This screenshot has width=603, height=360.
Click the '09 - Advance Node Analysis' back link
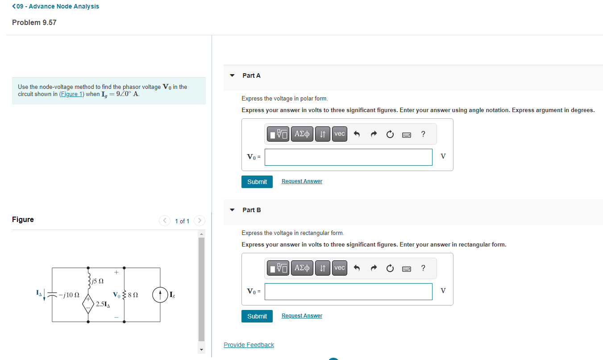(x=56, y=6)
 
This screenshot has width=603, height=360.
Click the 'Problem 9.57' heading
(x=34, y=22)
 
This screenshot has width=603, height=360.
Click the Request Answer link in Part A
(x=302, y=181)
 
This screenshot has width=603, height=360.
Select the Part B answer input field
(x=348, y=292)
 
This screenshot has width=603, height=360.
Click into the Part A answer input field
(x=348, y=157)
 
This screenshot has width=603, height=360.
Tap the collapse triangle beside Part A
(x=232, y=75)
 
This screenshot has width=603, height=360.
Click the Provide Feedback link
(x=249, y=345)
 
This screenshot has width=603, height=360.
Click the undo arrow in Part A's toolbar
(x=356, y=134)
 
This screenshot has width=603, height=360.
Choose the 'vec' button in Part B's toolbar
(x=340, y=268)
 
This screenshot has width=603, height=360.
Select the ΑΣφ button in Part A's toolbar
(x=302, y=134)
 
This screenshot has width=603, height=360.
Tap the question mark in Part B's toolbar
(x=423, y=268)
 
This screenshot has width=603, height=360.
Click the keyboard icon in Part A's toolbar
(x=406, y=134)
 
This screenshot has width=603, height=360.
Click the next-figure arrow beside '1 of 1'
(x=200, y=221)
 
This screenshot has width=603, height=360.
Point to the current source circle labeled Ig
(x=160, y=295)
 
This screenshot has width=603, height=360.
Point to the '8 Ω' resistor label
(x=133, y=295)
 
